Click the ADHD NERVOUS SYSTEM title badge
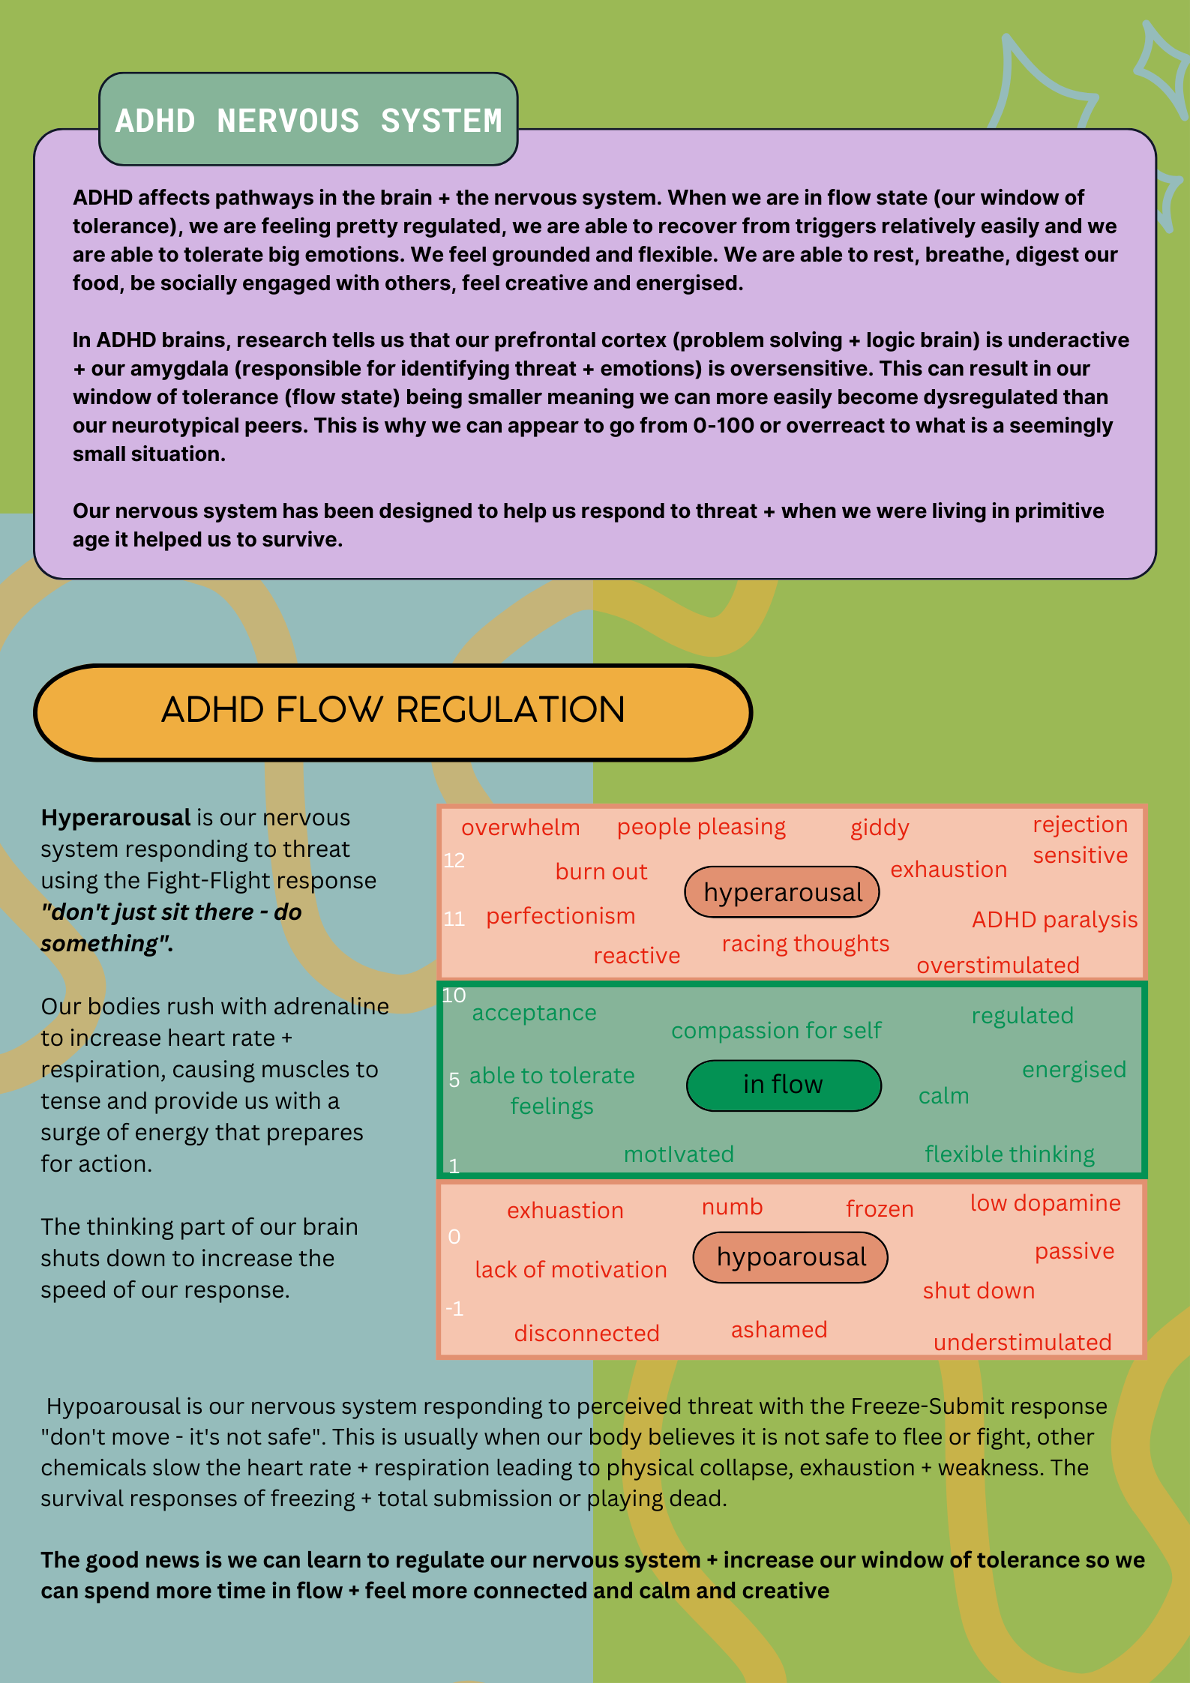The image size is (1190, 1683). (x=308, y=120)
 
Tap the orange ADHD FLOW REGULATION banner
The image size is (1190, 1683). (x=393, y=711)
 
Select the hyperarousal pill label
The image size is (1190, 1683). (x=782, y=892)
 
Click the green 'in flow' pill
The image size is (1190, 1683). (x=783, y=1085)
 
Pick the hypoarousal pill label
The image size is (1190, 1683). (x=790, y=1257)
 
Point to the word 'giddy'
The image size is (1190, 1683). (x=880, y=828)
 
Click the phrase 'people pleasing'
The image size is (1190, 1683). (x=701, y=827)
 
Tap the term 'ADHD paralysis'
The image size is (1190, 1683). (x=1054, y=920)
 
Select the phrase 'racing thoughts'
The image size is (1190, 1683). (x=805, y=944)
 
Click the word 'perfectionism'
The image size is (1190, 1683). (x=560, y=916)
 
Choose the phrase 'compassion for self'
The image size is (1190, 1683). (x=776, y=1031)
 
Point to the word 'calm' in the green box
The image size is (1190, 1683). (x=943, y=1096)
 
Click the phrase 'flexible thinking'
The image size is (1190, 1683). (x=1009, y=1154)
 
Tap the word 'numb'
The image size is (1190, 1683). (x=732, y=1207)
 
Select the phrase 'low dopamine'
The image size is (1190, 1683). (x=1045, y=1203)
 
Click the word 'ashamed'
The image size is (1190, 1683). (x=779, y=1330)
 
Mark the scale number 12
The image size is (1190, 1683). (x=454, y=861)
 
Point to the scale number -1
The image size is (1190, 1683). (x=454, y=1309)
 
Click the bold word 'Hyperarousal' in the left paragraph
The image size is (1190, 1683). (x=116, y=817)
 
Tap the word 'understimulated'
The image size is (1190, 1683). (x=1022, y=1342)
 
